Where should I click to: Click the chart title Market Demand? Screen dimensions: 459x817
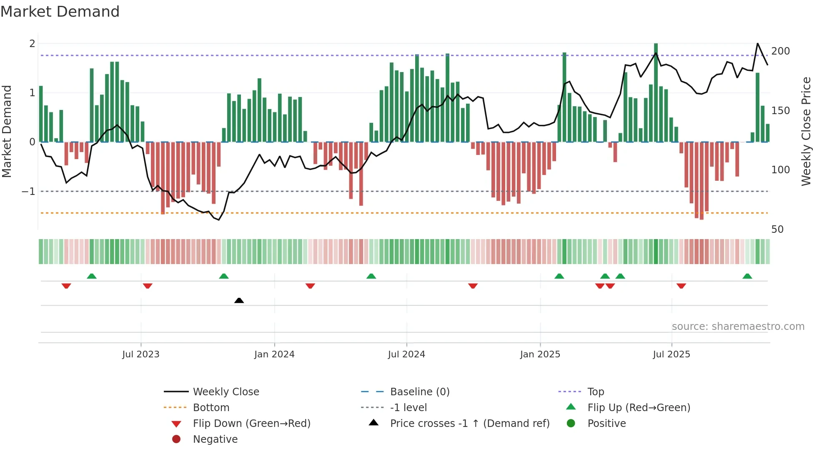(x=60, y=12)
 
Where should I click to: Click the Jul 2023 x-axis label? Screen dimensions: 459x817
(x=140, y=354)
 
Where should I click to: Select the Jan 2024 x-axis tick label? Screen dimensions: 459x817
(x=274, y=354)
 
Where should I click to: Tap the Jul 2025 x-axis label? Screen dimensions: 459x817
(x=671, y=354)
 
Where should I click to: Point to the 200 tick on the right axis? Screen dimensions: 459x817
(x=780, y=51)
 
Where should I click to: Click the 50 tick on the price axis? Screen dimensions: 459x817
(x=777, y=229)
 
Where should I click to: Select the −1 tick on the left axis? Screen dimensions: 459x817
(x=28, y=192)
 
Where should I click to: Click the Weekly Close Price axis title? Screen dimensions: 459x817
(x=806, y=131)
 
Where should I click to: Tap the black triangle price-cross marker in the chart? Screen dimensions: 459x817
(x=239, y=300)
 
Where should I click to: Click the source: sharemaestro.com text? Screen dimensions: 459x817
(x=738, y=327)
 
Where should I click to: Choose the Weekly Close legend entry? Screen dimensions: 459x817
(x=226, y=392)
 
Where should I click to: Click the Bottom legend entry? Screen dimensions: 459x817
(x=211, y=408)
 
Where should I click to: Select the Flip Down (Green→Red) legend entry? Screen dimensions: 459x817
(x=251, y=424)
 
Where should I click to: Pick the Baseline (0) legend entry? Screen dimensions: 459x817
(x=419, y=392)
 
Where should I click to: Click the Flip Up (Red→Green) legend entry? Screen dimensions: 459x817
(x=639, y=408)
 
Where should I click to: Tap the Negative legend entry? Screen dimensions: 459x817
(x=215, y=439)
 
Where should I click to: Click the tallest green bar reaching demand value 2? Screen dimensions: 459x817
(x=656, y=92)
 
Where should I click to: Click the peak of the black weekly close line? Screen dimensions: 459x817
(x=757, y=44)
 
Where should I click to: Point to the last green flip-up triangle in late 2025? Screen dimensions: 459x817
(x=747, y=276)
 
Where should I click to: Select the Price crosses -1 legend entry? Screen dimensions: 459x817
(x=469, y=424)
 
